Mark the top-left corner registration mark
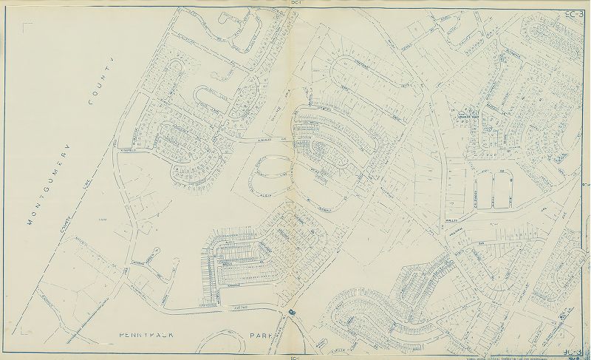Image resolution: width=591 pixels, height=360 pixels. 27,27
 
